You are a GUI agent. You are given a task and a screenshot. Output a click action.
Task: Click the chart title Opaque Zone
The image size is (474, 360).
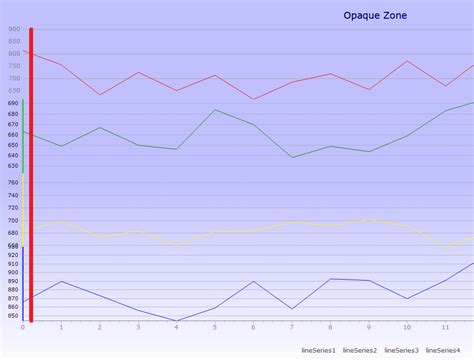tap(375, 15)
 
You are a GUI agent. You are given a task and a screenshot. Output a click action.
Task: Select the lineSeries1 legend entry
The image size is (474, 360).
tap(318, 350)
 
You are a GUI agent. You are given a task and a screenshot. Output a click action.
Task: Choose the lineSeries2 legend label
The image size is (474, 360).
tap(360, 350)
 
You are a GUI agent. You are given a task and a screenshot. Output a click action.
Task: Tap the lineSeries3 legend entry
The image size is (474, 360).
tap(401, 350)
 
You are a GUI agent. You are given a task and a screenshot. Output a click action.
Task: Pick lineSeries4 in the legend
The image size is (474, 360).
tap(443, 350)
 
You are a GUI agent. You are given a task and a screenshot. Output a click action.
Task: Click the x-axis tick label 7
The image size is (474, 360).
tap(292, 328)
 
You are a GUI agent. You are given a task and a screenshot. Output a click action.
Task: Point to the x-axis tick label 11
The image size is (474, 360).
tap(445, 328)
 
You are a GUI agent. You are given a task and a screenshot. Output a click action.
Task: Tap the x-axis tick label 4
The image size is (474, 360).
tap(176, 328)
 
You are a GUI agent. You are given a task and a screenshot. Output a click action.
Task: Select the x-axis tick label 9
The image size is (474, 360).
tap(369, 328)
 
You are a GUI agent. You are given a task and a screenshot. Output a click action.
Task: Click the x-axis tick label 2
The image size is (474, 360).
tap(100, 328)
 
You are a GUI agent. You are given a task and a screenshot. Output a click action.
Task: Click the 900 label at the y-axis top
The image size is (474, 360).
tap(14, 29)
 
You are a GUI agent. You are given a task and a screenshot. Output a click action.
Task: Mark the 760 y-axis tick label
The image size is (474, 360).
tap(14, 182)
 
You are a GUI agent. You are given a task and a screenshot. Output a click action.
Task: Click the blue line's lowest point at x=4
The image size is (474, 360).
tap(176, 321)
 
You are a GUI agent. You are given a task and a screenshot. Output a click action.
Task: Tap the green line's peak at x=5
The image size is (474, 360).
tap(215, 110)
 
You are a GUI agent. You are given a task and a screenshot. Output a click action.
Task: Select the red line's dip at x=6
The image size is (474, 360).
tap(254, 99)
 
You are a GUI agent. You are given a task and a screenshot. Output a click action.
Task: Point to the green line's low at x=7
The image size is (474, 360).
tap(292, 157)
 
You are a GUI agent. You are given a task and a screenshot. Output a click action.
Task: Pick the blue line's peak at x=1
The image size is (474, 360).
tap(61, 281)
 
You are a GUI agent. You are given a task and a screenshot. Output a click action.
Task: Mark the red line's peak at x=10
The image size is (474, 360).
tap(407, 61)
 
